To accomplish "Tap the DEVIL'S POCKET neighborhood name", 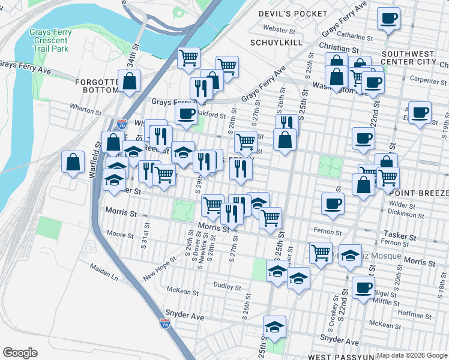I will [293, 13].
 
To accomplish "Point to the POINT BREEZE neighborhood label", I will [418, 194].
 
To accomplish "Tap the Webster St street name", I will [279, 28].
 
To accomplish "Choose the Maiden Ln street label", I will [104, 271].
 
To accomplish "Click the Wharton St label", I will [86, 110].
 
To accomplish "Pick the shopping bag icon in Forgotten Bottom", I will [129, 82].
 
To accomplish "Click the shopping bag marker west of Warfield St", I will [73, 162].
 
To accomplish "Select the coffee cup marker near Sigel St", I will [363, 288].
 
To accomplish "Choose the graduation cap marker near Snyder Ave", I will [274, 326].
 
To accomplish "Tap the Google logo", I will [20, 353].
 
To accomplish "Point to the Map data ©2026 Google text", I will [411, 355].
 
